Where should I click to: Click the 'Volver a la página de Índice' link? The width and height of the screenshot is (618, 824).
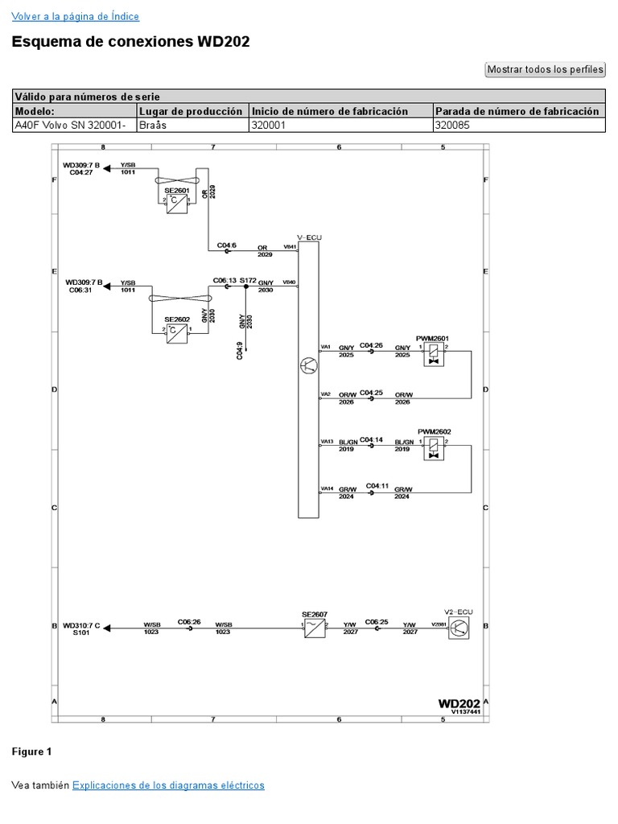75,16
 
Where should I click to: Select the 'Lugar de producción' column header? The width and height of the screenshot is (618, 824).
191,111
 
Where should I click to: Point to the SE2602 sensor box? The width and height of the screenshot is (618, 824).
176,333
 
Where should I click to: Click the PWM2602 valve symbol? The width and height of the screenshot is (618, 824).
435,448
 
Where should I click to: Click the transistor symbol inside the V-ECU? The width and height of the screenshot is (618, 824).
308,367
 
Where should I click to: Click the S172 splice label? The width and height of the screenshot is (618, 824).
247,281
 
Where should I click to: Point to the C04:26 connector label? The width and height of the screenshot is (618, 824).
370,345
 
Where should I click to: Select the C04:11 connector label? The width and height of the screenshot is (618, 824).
377,486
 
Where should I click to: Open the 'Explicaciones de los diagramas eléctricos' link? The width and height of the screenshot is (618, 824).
168,785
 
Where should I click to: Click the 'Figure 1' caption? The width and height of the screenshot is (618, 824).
31,752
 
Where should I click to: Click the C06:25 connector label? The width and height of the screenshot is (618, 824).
376,621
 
